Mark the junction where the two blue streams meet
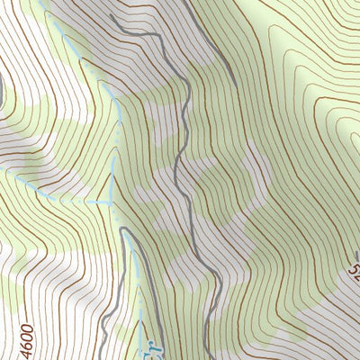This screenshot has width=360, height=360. [112, 202]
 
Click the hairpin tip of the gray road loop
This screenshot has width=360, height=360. [126, 229]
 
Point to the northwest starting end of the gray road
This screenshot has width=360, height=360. [110, 16]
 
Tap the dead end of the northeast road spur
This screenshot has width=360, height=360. [236, 85]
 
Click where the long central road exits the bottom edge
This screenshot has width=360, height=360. [209, 358]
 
